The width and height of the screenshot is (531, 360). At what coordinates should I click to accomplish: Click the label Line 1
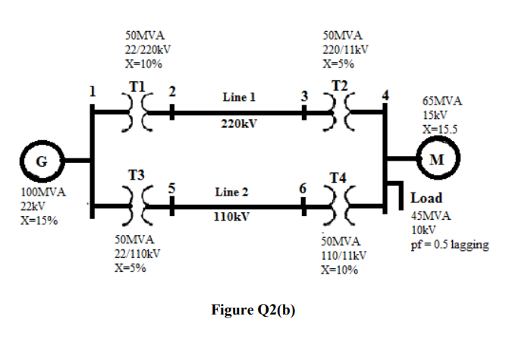point(239,98)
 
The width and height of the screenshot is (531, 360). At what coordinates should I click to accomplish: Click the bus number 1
point(93,92)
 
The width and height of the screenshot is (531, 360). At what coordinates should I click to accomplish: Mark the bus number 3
point(304,96)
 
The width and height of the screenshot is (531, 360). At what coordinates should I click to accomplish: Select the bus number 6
point(303,188)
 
